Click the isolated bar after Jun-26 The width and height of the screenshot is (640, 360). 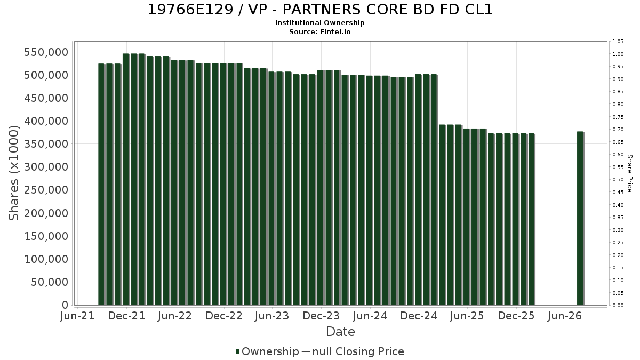[x=580, y=218]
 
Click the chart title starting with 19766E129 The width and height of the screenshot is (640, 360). [x=320, y=10]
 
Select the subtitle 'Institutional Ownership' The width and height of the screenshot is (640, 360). [x=319, y=23]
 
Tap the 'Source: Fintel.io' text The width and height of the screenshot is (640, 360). [x=319, y=31]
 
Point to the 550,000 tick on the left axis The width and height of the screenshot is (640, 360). [x=46, y=52]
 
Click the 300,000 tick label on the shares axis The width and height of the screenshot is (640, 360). [x=46, y=167]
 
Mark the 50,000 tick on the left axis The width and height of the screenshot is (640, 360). [x=50, y=282]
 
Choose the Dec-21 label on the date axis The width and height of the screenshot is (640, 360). [x=126, y=316]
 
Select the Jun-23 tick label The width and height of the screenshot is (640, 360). [x=272, y=316]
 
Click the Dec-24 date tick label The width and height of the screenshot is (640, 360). [x=419, y=316]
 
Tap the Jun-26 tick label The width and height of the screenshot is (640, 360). [x=565, y=316]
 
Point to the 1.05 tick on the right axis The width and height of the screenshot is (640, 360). [x=618, y=42]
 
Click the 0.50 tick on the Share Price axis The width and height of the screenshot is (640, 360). [x=618, y=180]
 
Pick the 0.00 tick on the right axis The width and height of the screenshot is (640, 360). [x=618, y=306]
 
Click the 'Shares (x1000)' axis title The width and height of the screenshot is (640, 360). [x=14, y=173]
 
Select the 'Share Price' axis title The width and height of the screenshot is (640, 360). [x=630, y=173]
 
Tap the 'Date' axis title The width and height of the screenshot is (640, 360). [x=340, y=332]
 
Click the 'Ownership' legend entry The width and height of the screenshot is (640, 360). [x=267, y=351]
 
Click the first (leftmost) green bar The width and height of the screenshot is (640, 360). [x=102, y=185]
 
